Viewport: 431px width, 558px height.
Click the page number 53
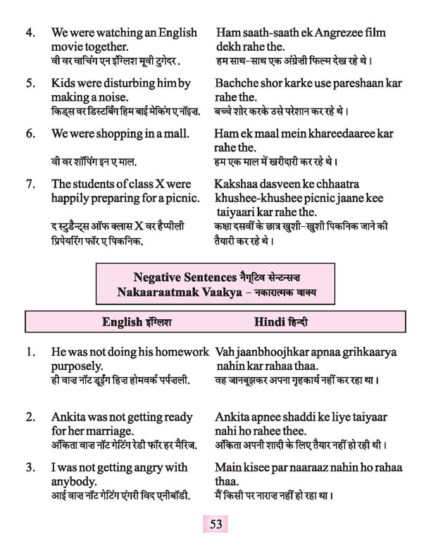(x=215, y=525)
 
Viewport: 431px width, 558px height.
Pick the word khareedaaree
(x=339, y=134)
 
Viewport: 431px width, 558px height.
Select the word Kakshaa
(x=239, y=185)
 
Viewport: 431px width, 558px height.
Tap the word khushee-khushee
(x=258, y=198)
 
